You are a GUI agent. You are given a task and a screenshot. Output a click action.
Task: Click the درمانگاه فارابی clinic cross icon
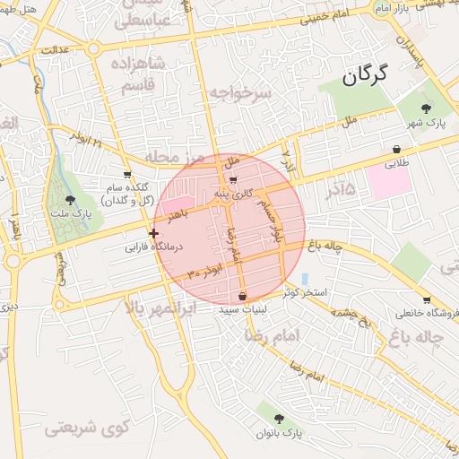(x=154, y=233)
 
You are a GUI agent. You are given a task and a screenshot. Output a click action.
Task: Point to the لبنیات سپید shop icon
(x=244, y=296)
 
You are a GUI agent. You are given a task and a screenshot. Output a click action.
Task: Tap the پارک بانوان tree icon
(x=280, y=419)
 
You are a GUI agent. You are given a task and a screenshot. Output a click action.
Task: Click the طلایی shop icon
(x=395, y=149)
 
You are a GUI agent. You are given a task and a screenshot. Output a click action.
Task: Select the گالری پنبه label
(x=245, y=193)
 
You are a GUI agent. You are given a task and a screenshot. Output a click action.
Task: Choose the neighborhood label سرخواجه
(x=239, y=92)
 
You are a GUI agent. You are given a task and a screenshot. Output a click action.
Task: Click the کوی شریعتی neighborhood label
(x=86, y=428)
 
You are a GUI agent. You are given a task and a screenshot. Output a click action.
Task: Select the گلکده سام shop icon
(x=127, y=175)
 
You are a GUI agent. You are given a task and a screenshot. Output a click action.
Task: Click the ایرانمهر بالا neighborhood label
(x=168, y=308)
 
